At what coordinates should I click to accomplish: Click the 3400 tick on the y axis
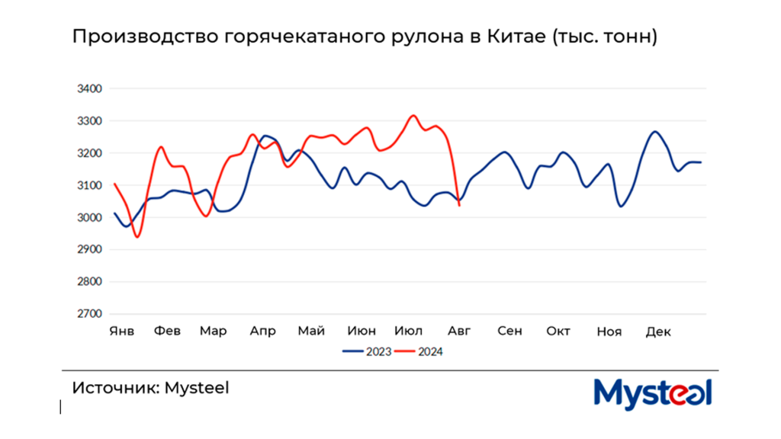[89, 89]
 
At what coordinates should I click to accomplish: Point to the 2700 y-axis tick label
[89, 313]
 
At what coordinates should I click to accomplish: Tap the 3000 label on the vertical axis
[89, 217]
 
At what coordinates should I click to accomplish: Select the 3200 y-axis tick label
[89, 153]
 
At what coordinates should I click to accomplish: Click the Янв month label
[122, 331]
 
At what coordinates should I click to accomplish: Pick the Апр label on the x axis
[262, 331]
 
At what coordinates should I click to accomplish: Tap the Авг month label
[459, 331]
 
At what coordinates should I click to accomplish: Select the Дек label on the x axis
[657, 331]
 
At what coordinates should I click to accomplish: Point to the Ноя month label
[609, 332]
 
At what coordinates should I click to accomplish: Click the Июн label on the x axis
[362, 331]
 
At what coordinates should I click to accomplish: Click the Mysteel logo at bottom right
[652, 393]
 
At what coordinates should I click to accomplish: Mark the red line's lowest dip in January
[137, 237]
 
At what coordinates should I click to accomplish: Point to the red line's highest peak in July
[413, 116]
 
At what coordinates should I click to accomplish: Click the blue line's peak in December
[655, 132]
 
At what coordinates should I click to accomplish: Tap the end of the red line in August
[459, 205]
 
